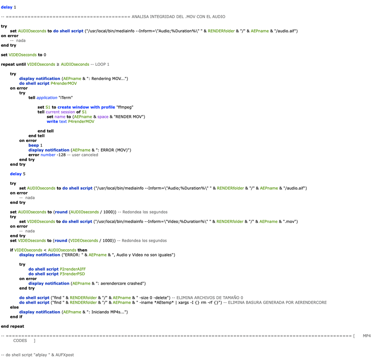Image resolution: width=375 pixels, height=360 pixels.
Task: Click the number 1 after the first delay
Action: (15, 7)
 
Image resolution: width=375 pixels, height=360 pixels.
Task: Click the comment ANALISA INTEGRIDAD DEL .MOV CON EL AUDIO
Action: (178, 17)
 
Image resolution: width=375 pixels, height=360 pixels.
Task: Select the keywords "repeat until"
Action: (13, 64)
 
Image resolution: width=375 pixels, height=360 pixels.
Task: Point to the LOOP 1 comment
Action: (102, 64)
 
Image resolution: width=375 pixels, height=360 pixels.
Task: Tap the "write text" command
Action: (57, 121)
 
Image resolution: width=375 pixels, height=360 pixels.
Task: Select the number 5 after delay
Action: (24, 174)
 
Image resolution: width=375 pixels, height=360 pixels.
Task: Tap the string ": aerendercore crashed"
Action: (119, 283)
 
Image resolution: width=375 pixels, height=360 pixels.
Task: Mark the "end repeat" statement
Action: (12, 326)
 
